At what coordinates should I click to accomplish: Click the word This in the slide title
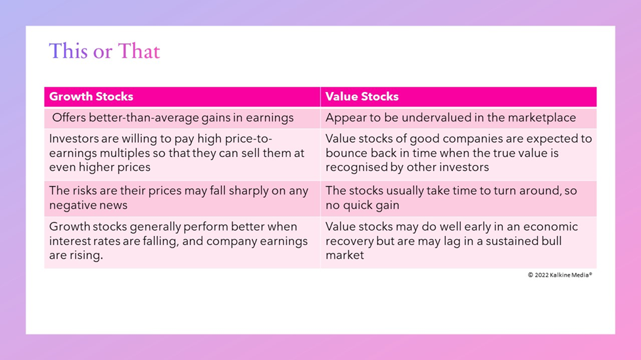pyautogui.click(x=68, y=51)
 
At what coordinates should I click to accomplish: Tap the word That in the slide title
pyautogui.click(x=139, y=51)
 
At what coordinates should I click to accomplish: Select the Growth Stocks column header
pyautogui.click(x=91, y=97)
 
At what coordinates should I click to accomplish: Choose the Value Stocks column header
pyautogui.click(x=362, y=97)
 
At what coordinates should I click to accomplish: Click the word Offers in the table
pyautogui.click(x=68, y=118)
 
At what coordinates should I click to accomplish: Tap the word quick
pyautogui.click(x=360, y=205)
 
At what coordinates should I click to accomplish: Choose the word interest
pyautogui.click(x=68, y=241)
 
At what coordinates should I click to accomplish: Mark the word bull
pyautogui.click(x=552, y=241)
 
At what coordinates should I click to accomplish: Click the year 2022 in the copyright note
pyautogui.click(x=541, y=275)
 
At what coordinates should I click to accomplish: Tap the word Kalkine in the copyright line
pyautogui.click(x=559, y=275)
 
